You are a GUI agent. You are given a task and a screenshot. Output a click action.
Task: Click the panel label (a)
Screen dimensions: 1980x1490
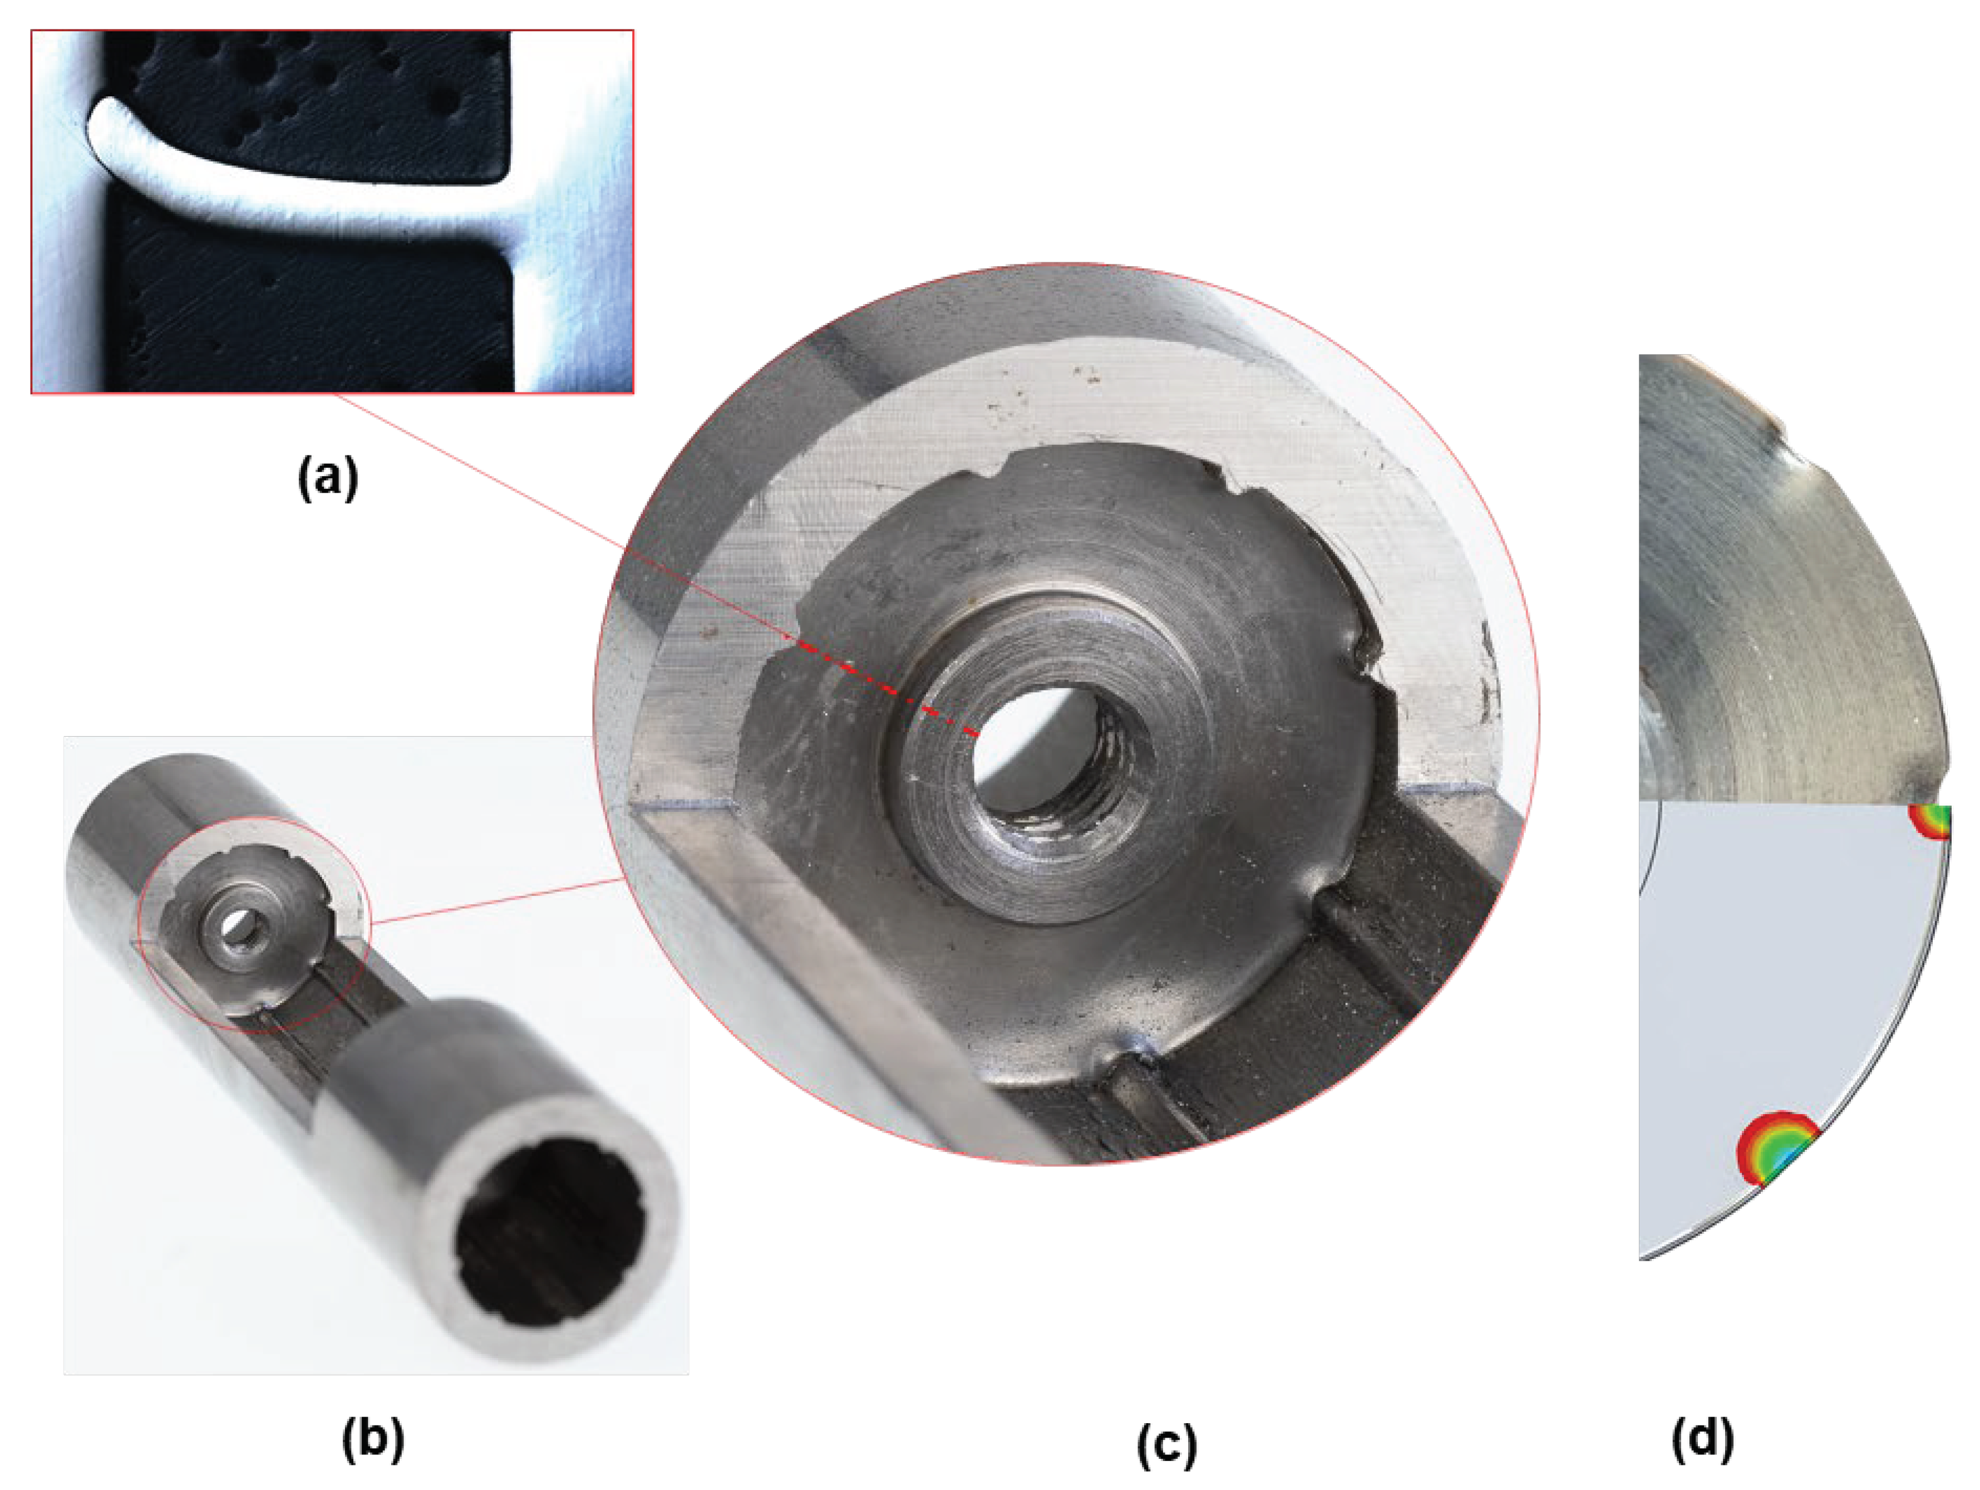point(328,477)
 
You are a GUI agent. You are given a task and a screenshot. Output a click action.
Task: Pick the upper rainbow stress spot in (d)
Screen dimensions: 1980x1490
point(1932,821)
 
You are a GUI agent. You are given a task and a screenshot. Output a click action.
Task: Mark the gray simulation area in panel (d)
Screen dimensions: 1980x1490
point(1781,985)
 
